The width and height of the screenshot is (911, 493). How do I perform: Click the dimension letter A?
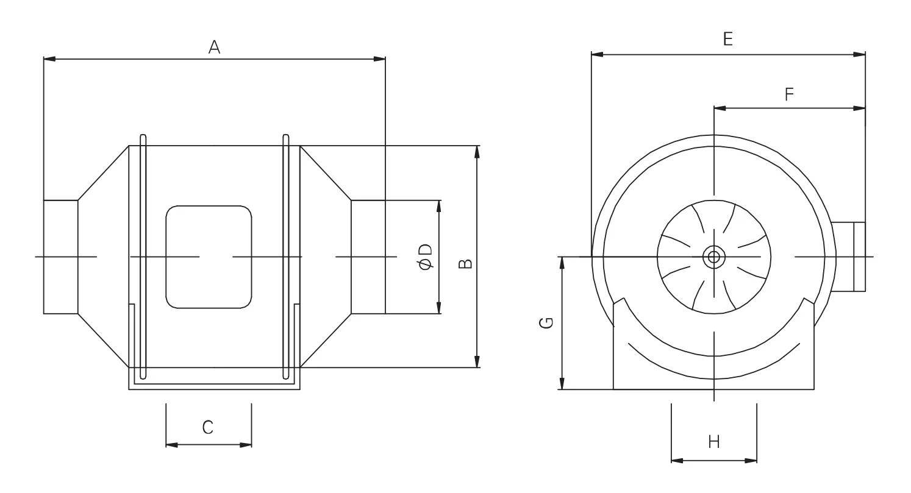coord(214,47)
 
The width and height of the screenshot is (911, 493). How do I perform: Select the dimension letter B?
coord(465,263)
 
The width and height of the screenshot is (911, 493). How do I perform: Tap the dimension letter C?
coord(208,427)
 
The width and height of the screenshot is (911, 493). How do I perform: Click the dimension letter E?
coord(727,39)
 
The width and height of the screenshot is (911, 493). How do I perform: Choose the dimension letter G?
coord(547,322)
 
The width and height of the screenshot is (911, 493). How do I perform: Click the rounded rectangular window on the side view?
coord(209,257)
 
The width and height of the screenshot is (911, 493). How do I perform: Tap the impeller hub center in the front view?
coord(713,257)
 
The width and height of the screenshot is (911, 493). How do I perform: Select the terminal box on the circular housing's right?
coord(848,257)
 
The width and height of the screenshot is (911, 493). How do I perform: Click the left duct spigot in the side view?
coord(60,257)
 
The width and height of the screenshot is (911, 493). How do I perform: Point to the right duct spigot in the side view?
coord(368,257)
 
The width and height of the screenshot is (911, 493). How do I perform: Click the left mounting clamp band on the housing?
coord(143,257)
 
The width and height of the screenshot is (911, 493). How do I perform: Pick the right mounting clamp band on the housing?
coord(285,257)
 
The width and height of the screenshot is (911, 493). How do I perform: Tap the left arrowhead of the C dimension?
coord(171,445)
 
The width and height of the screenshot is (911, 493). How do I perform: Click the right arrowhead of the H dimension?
coord(751,461)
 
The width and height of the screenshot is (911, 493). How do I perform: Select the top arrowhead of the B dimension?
coord(477,151)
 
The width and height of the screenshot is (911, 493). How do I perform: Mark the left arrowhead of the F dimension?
coord(720,108)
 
